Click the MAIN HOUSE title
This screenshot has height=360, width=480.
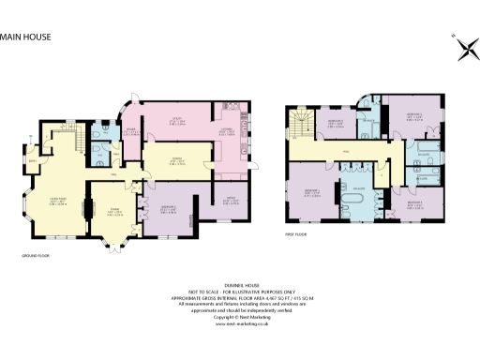[x=25, y=37]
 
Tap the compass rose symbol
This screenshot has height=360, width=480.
[x=464, y=52]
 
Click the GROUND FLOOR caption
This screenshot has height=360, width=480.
[x=36, y=254]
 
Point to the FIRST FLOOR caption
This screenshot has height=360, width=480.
[x=298, y=234]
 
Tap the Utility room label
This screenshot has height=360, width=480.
[x=174, y=118]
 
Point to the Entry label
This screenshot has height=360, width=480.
[x=34, y=160]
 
